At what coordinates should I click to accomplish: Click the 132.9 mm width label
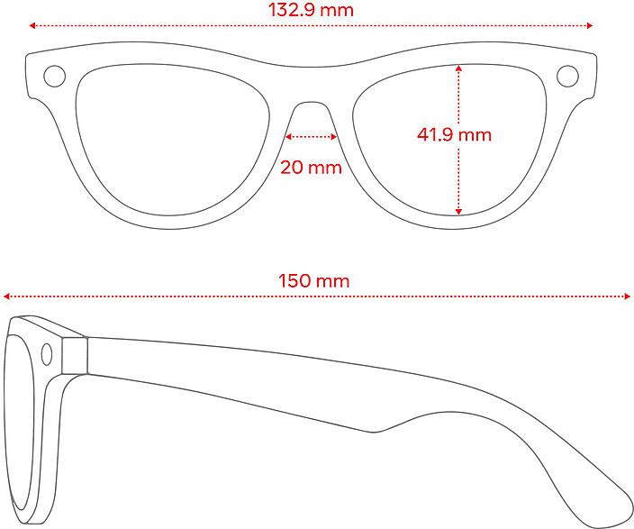[311, 11]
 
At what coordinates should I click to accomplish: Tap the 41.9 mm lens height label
[454, 135]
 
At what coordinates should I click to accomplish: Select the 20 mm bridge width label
[311, 167]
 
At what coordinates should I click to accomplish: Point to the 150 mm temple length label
[314, 281]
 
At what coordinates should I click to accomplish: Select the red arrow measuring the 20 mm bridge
[311, 137]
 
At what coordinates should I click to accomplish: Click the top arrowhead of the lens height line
[458, 67]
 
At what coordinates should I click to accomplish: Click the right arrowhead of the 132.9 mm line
[590, 25]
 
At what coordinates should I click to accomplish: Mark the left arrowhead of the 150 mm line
[7, 296]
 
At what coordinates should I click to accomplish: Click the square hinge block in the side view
[76, 355]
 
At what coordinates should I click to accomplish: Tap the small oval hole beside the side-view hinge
[49, 354]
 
